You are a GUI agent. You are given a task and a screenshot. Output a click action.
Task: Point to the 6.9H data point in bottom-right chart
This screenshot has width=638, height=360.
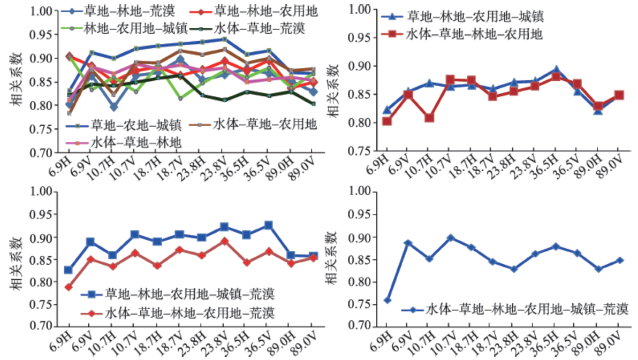click(x=388, y=300)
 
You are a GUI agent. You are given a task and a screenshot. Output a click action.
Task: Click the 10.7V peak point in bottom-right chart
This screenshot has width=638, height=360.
click(x=451, y=238)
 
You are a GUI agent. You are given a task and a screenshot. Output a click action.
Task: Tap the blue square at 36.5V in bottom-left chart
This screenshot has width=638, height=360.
click(x=269, y=225)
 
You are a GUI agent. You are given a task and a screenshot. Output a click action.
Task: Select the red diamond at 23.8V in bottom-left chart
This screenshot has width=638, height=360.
click(x=225, y=241)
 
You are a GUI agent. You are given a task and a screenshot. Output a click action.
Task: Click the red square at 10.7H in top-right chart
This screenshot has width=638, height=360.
click(x=429, y=118)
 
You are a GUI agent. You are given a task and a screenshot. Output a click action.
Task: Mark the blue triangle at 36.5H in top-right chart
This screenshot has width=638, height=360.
click(x=557, y=70)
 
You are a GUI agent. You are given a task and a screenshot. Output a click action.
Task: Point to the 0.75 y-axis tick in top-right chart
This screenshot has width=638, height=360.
click(x=366, y=151)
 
